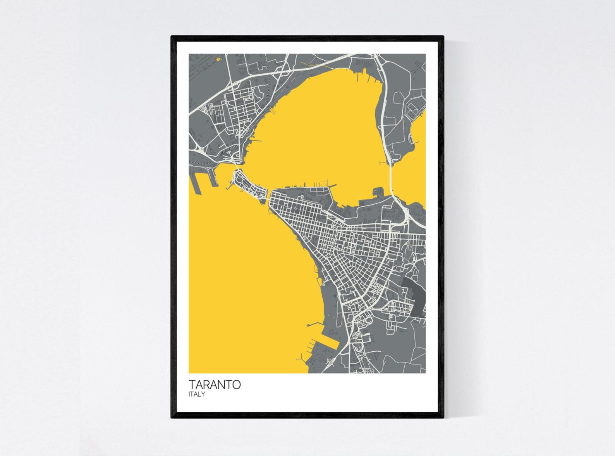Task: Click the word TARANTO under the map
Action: (215, 384)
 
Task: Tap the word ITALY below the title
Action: (197, 394)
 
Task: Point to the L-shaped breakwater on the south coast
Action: (314, 323)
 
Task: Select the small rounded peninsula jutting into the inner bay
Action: (378, 191)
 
